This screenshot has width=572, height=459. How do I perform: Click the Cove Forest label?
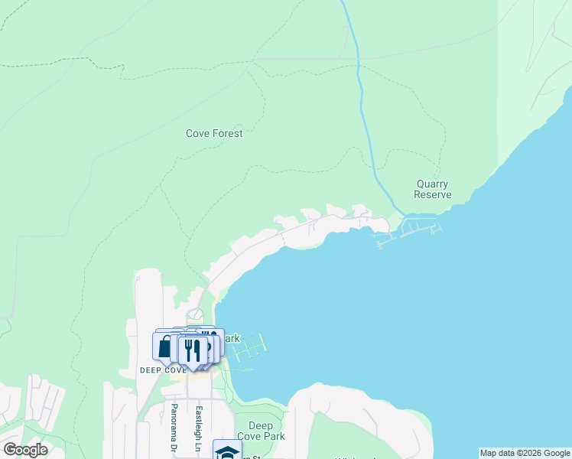(214, 133)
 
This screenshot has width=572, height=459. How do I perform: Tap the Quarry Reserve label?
(432, 189)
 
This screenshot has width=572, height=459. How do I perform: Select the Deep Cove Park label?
(261, 431)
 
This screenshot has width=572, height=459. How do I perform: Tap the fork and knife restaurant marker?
(192, 350)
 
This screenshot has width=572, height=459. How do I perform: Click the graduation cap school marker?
(227, 451)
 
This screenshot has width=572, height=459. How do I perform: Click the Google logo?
(25, 450)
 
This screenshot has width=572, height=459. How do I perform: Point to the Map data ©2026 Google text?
(525, 453)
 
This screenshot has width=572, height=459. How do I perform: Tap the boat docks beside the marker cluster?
(251, 348)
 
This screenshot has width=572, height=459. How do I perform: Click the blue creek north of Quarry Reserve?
(360, 92)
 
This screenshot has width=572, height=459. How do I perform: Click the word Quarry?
(432, 184)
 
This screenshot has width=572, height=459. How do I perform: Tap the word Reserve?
(432, 194)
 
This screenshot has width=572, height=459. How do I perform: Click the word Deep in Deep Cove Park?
(261, 426)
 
